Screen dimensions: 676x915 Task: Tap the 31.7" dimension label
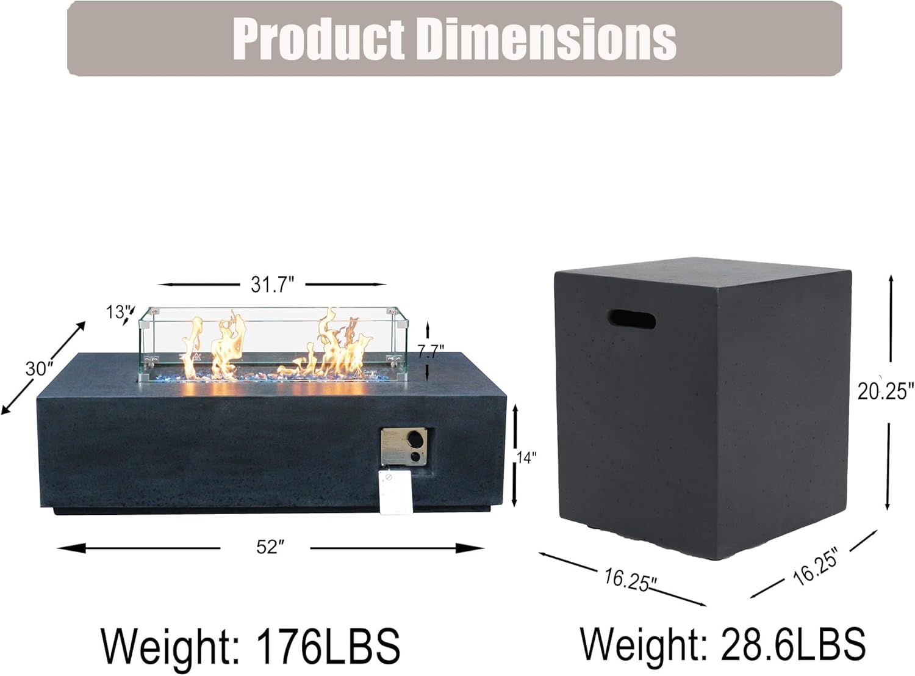[272, 285]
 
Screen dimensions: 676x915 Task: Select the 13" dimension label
[116, 312]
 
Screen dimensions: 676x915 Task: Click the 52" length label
[267, 547]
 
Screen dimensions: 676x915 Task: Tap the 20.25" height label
[886, 390]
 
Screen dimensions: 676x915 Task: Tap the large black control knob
[416, 439]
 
